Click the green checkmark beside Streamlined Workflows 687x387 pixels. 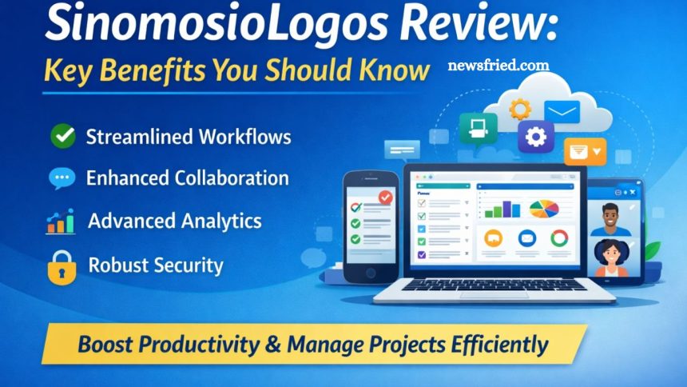[63, 136]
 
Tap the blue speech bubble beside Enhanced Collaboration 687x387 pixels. [62, 178]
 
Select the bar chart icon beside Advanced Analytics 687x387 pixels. [61, 221]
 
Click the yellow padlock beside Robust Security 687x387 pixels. [62, 268]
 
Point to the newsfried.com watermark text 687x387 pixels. [498, 66]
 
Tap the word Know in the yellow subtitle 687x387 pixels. [395, 70]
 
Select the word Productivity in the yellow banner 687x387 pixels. [199, 345]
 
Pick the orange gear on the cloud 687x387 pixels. [520, 109]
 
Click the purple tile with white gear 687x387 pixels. [536, 137]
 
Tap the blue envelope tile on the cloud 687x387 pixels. [562, 112]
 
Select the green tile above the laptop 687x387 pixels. [479, 128]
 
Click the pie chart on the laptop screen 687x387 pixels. [544, 209]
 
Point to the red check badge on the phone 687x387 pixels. [386, 197]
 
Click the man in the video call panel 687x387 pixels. [610, 219]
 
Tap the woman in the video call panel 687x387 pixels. [611, 258]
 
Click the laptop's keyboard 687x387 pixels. [494, 285]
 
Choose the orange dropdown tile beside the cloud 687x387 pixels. [586, 151]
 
